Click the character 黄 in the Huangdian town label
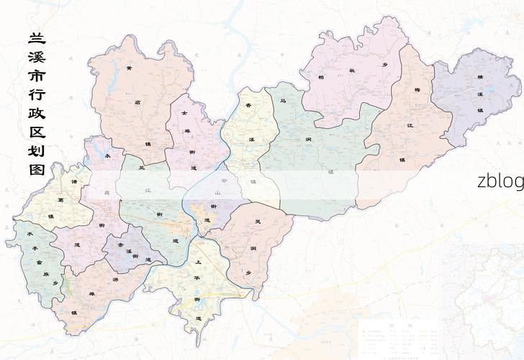click(x=129, y=69)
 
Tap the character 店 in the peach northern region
click(x=137, y=102)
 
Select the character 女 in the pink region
click(x=184, y=113)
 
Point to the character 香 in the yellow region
click(x=248, y=106)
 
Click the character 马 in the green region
click(x=284, y=102)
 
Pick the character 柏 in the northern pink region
click(x=321, y=76)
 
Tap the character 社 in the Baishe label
click(x=353, y=71)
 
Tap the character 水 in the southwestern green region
click(x=30, y=235)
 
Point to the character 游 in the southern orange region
click(x=115, y=279)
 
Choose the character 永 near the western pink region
click(x=108, y=155)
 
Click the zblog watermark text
click(x=500, y=181)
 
